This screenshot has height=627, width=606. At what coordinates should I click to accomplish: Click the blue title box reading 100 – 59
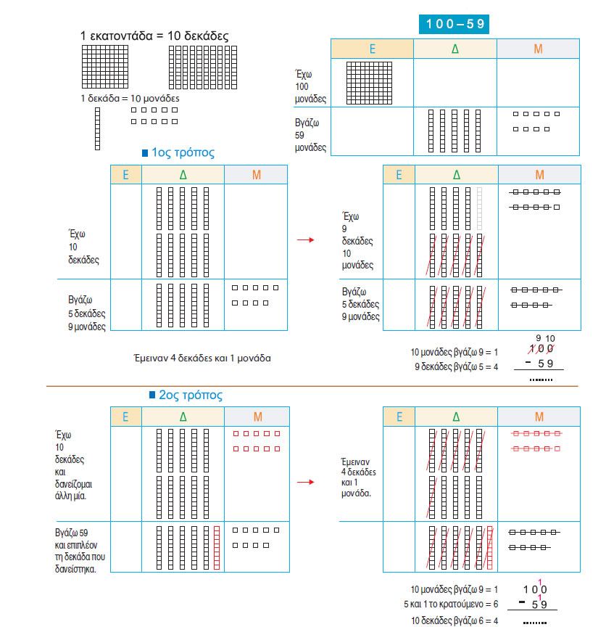tap(454, 24)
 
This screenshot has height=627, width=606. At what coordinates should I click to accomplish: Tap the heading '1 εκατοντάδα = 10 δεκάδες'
tap(154, 36)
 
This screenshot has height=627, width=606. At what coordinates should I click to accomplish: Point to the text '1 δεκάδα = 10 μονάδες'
tap(130, 99)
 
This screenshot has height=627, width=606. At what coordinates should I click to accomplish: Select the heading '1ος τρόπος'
tap(183, 152)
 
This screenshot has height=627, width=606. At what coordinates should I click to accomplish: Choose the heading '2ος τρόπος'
tap(191, 395)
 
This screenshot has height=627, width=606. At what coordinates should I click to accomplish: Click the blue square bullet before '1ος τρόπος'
tap(145, 152)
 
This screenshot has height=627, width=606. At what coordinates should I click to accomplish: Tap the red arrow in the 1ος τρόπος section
tap(306, 240)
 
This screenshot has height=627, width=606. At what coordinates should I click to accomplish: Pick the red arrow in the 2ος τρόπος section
tap(306, 482)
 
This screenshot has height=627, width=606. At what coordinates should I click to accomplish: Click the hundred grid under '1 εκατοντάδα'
tap(105, 67)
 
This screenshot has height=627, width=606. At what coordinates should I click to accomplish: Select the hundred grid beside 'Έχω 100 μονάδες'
tap(369, 83)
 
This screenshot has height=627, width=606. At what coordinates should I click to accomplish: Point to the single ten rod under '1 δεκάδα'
tap(97, 128)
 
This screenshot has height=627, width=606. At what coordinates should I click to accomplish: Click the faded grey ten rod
tap(480, 209)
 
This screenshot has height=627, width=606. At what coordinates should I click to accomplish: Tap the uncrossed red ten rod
tap(217, 548)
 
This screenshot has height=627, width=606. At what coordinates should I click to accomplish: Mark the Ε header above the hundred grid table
tap(373, 49)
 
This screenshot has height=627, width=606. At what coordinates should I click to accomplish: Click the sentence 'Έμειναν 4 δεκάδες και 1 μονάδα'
tap(202, 358)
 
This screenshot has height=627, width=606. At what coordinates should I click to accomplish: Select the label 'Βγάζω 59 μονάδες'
tap(310, 135)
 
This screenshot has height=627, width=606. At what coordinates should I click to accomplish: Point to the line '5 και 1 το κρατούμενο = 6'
tap(451, 604)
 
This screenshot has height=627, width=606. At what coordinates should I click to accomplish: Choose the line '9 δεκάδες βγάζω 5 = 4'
tap(456, 366)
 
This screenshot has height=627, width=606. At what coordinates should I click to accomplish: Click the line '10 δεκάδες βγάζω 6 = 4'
tap(454, 620)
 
